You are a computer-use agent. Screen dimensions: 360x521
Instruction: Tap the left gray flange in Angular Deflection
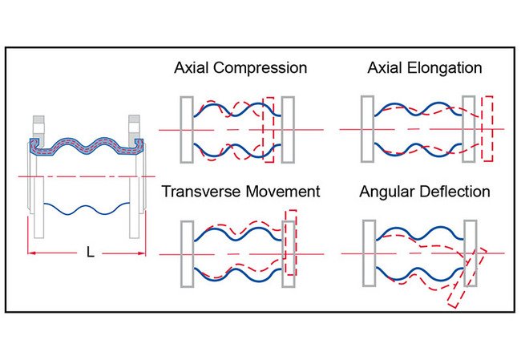pyautogui.click(x=369, y=254)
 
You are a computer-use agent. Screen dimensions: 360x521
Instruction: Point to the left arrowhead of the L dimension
pyautogui.click(x=33, y=253)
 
